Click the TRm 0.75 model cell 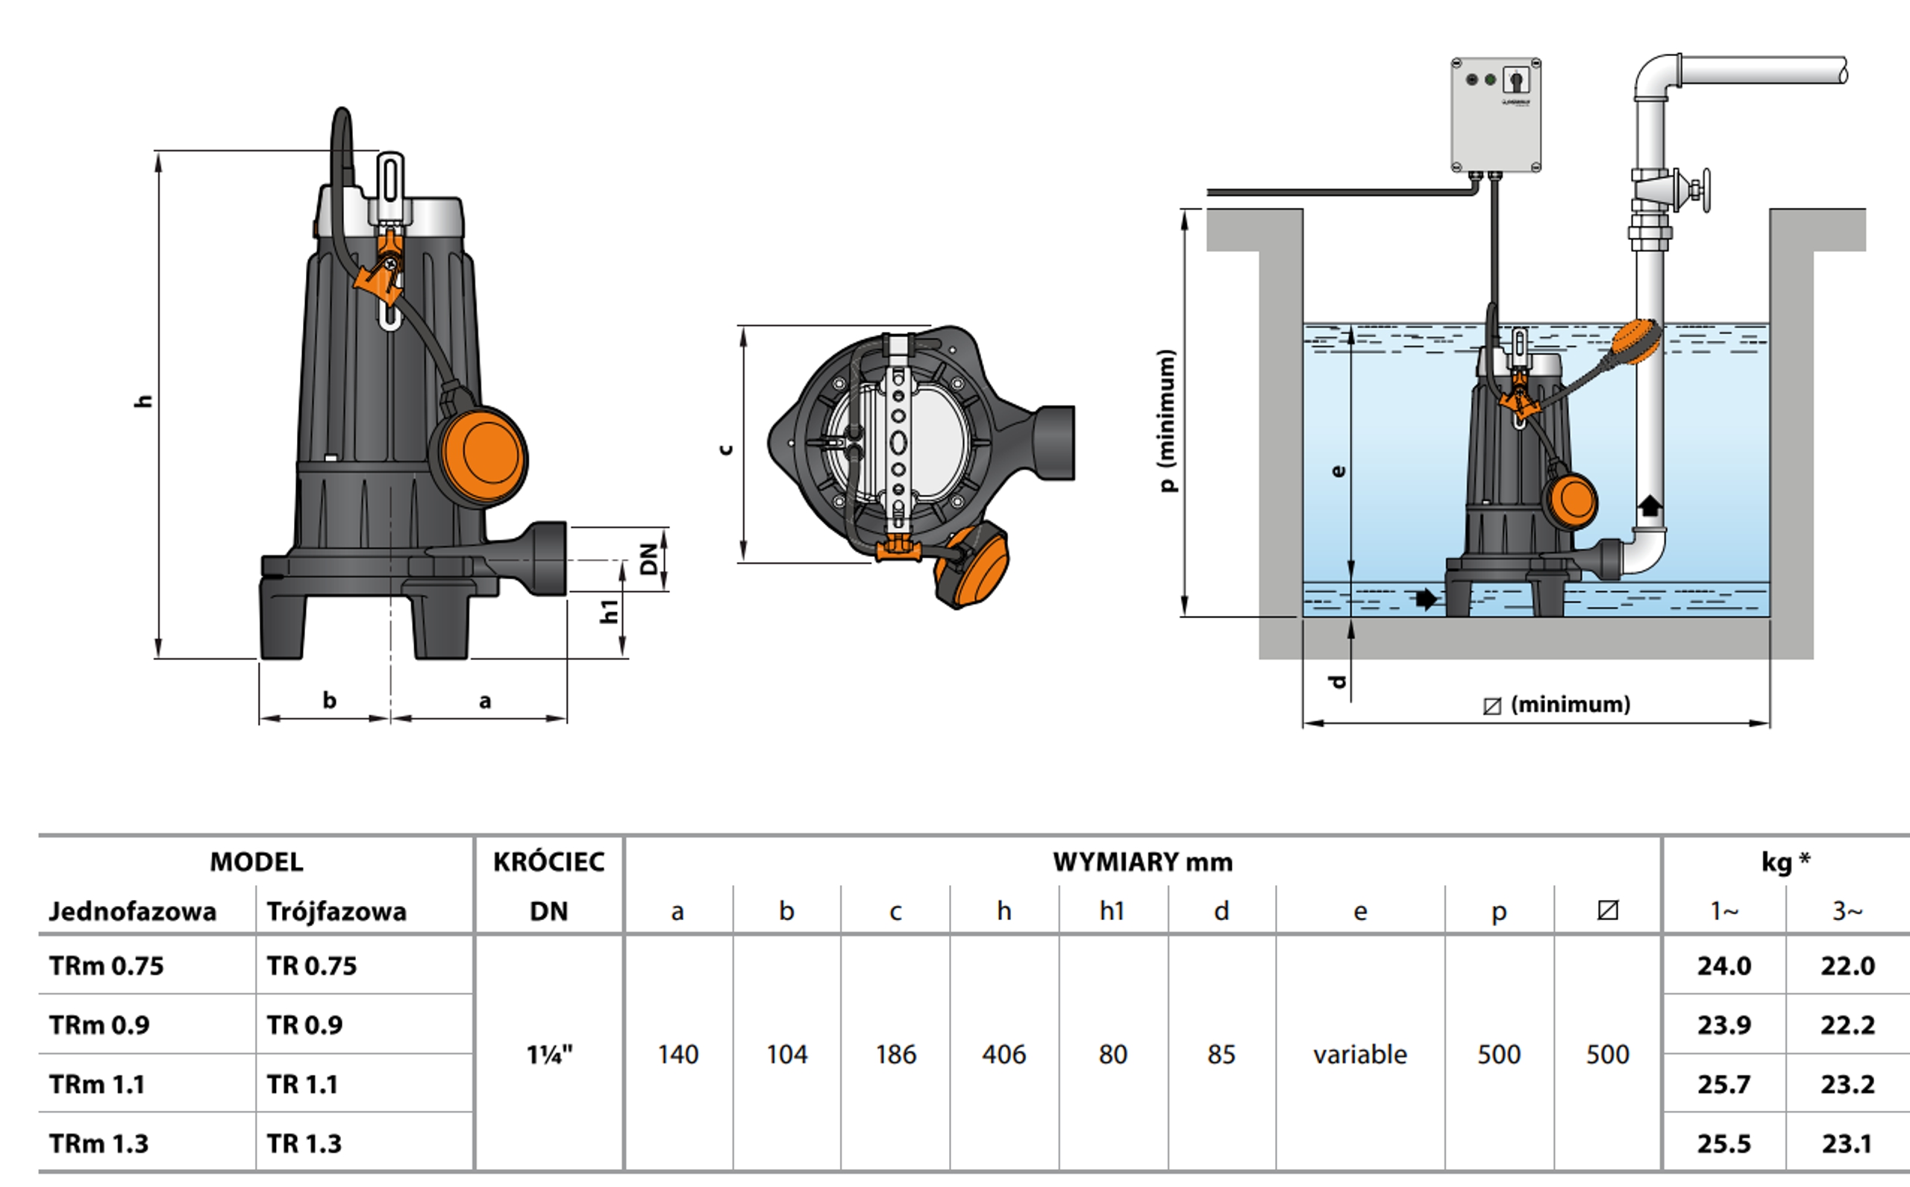point(107,966)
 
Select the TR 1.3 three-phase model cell point(304,1144)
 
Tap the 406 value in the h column point(1003,1054)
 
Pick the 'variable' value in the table point(1359,1054)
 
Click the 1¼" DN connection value point(549,1054)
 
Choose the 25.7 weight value point(1724,1084)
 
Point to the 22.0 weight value point(1847,966)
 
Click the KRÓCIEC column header point(549,862)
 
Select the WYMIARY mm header point(1143,862)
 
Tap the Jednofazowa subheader point(132,911)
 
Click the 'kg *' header point(1786,862)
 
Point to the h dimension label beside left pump point(143,400)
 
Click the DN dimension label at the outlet point(648,559)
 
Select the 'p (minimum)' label point(1168,420)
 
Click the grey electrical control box point(1494,116)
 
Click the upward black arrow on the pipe point(1650,506)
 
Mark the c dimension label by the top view point(727,449)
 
